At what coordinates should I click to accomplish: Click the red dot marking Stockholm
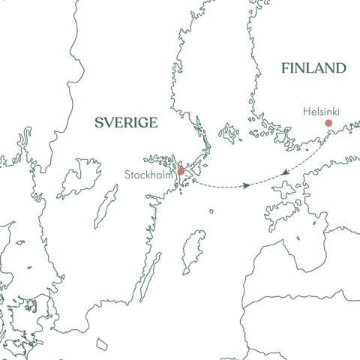181,172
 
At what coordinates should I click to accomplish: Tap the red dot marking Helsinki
328,123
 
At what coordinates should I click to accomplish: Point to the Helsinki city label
321,111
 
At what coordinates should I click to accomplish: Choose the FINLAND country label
313,68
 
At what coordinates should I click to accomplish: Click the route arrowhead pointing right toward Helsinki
247,185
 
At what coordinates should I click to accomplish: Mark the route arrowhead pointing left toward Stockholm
284,174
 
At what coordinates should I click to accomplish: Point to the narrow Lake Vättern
106,207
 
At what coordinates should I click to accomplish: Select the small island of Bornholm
102,344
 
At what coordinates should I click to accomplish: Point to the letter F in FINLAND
286,68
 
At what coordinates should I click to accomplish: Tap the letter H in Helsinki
305,111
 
